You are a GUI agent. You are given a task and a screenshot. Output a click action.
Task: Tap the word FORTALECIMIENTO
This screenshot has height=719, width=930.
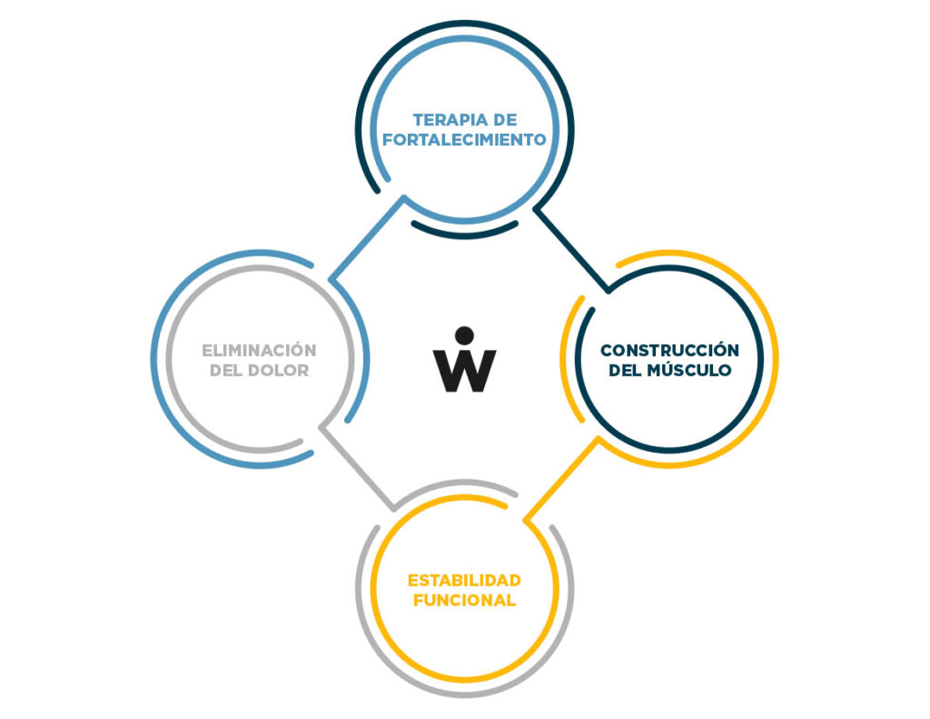(x=464, y=139)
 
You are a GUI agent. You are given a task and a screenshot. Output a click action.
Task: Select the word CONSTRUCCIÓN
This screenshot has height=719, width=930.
(x=669, y=350)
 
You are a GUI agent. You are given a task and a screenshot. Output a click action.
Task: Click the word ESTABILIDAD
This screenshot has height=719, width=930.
(x=464, y=580)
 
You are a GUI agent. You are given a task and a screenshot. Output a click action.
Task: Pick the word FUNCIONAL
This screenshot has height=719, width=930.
(x=464, y=600)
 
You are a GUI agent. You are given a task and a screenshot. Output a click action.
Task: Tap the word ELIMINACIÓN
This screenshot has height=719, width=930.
(x=259, y=350)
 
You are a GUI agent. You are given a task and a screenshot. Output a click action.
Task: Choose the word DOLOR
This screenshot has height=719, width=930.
(x=278, y=371)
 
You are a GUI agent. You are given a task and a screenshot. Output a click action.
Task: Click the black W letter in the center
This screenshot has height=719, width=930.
(x=464, y=371)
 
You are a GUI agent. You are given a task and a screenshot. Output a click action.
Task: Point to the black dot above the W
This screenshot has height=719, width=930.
(x=464, y=335)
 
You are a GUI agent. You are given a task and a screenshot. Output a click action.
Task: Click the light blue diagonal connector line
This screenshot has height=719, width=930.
(x=367, y=238)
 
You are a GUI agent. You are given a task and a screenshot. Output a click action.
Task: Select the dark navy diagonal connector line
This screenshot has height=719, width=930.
(x=572, y=249)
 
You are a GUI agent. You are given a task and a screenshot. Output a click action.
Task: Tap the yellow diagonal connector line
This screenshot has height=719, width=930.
(x=561, y=479)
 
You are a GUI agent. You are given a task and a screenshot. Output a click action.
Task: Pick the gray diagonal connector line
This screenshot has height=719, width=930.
(x=357, y=467)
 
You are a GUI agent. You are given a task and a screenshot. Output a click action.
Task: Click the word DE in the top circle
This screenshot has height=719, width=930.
(x=504, y=120)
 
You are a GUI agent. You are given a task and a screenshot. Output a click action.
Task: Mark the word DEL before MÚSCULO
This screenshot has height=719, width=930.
(x=625, y=371)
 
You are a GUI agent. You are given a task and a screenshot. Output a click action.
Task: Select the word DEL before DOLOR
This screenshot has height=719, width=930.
(x=226, y=371)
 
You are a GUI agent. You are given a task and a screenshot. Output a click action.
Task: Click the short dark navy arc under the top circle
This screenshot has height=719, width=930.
(x=464, y=232)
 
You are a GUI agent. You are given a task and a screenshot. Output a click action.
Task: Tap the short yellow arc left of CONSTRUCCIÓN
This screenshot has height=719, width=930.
(x=570, y=359)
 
